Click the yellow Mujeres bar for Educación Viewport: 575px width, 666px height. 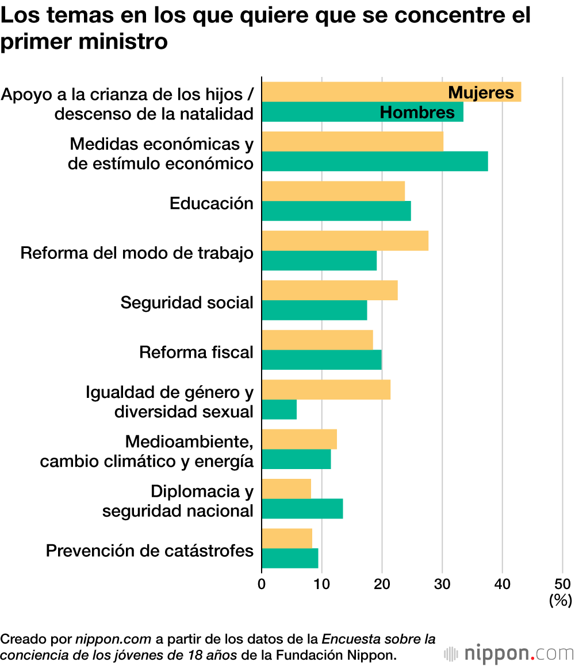click(x=333, y=191)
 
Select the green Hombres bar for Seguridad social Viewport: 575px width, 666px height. click(x=314, y=311)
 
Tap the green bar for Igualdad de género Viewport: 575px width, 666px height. click(x=279, y=410)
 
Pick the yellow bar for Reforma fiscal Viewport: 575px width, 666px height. click(x=317, y=340)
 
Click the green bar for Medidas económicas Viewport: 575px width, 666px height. click(x=375, y=161)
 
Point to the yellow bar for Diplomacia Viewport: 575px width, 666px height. click(x=286, y=489)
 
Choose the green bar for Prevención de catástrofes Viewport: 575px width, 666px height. click(x=290, y=558)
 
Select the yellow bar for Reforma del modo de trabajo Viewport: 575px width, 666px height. click(x=345, y=241)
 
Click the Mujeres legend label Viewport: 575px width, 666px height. click(x=481, y=92)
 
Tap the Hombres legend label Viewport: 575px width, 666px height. click(x=417, y=113)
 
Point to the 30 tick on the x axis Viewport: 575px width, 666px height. click(x=442, y=584)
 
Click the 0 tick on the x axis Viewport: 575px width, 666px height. click(x=262, y=584)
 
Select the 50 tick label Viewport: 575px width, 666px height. click(x=562, y=584)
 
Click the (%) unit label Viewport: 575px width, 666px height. click(x=561, y=600)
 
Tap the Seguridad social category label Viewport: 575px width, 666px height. click(x=187, y=303)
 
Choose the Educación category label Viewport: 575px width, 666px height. click(x=211, y=203)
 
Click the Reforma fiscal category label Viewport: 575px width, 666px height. click(x=196, y=352)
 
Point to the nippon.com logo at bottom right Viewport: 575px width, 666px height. click(x=509, y=653)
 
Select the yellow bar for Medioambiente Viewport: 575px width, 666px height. click(x=299, y=439)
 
